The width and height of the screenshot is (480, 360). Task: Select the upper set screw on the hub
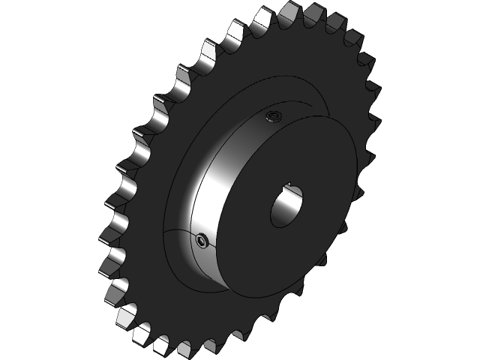(x=274, y=116)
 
